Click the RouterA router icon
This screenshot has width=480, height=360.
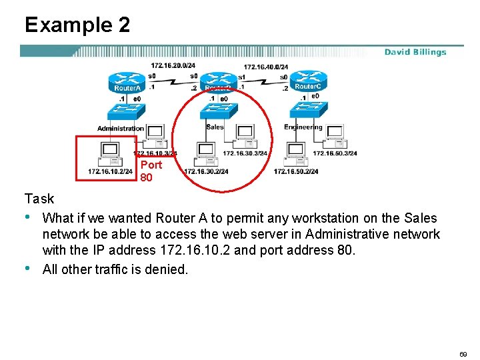126,82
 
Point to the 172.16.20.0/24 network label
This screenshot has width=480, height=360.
173,65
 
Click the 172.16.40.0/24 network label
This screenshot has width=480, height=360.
266,67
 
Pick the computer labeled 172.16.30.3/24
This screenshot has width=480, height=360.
245,135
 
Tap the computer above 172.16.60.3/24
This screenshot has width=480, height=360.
335,135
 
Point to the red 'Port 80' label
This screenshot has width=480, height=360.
151,171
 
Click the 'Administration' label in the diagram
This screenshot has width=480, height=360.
121,128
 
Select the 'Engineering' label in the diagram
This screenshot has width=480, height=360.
303,127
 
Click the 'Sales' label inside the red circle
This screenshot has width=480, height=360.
215,127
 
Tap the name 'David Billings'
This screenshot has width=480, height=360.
415,52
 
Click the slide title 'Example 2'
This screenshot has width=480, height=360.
77,25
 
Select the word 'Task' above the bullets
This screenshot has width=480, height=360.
39,199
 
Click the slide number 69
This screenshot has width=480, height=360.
463,354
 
